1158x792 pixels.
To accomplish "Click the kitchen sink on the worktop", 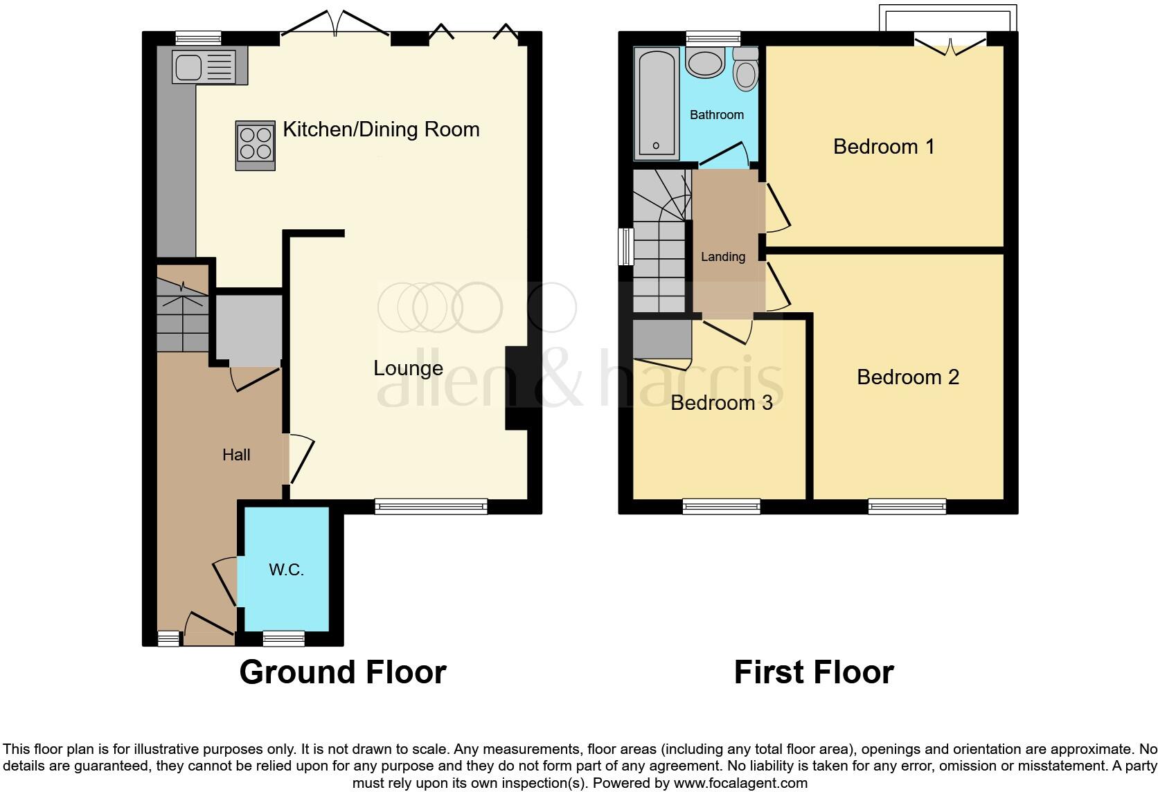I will pos(188,67).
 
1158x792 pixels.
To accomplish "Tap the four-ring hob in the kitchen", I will pos(256,144).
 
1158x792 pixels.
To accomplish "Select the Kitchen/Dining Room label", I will pos(381,129).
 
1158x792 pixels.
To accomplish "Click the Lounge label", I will pos(408,368).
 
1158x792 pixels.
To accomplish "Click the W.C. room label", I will pos(286,570).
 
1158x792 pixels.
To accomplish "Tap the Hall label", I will pos(236,455).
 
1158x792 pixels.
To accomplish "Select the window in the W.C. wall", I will pos(284,638).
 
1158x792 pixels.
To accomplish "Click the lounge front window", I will pos(431,507).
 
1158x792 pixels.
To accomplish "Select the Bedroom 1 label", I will pos(884,147).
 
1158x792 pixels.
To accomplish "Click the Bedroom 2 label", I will pos(908,377).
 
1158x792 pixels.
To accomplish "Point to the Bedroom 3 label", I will pos(721,403).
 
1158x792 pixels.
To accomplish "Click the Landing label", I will pos(723,257).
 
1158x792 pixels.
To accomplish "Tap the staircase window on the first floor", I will pos(626,246).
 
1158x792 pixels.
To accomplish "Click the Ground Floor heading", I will pos(342,672).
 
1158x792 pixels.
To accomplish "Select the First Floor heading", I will pos(814,672).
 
